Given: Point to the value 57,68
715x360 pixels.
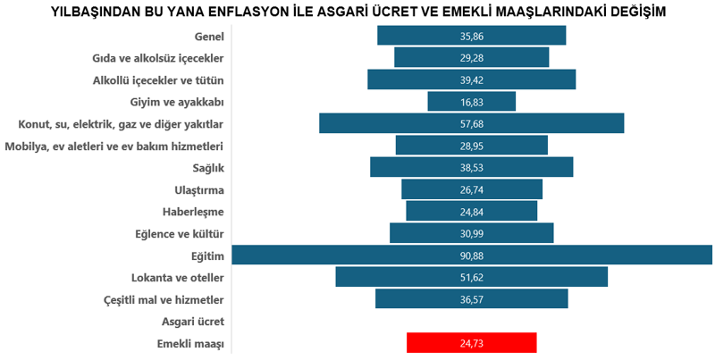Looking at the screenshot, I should [x=471, y=124].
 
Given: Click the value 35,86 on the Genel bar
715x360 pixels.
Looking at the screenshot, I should [x=471, y=37].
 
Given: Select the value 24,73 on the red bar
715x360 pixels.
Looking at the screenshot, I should [x=471, y=343].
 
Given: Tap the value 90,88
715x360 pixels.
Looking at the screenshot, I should [x=471, y=255].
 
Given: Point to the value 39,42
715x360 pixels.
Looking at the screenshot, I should [x=471, y=80].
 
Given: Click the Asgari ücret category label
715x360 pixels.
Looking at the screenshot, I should [x=192, y=322].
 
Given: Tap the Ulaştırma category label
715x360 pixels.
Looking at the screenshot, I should [x=198, y=189].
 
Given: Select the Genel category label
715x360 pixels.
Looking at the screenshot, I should [x=208, y=37].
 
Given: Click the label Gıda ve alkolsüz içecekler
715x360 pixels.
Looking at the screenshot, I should [x=157, y=58].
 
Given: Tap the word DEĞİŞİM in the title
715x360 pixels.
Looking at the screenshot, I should [x=633, y=11].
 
